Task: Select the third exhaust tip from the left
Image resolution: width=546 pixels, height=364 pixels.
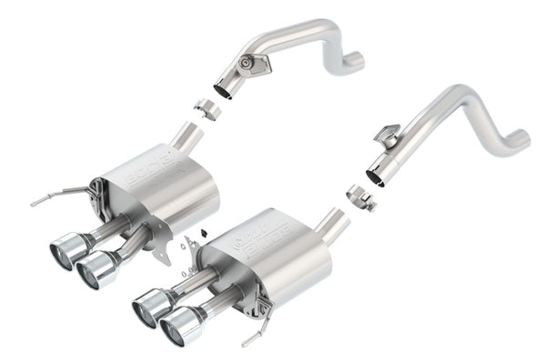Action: pyautogui.click(x=147, y=308)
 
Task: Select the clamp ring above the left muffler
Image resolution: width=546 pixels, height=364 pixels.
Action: pyautogui.click(x=208, y=109)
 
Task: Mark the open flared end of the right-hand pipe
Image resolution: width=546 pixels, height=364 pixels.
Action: pyautogui.click(x=376, y=171)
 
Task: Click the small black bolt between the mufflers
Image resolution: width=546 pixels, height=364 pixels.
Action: pyautogui.click(x=183, y=269)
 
